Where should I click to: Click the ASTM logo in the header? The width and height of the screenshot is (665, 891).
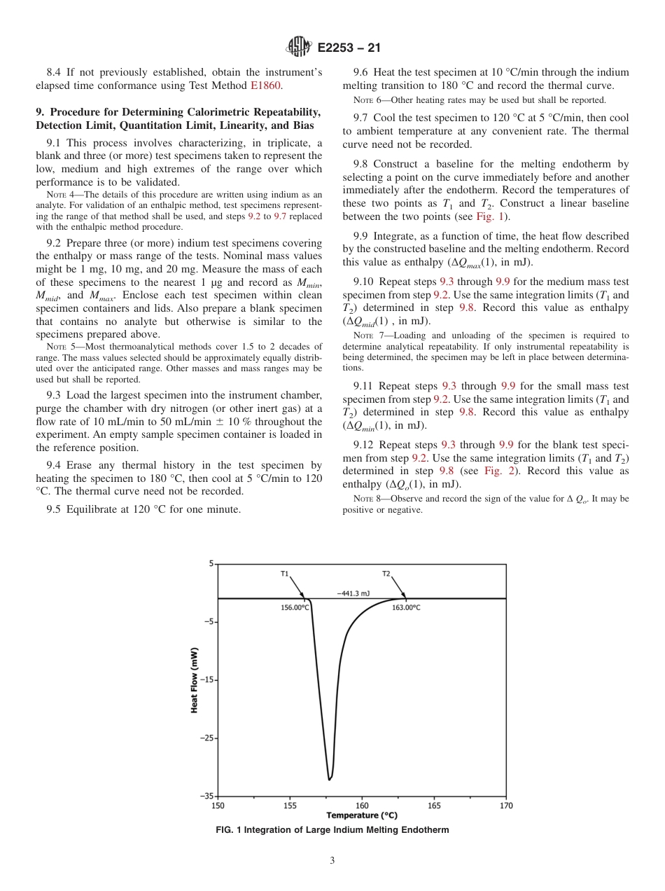tap(299, 48)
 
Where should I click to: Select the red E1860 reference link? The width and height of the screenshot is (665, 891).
tap(267, 85)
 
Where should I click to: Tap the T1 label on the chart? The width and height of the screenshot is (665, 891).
tap(285, 574)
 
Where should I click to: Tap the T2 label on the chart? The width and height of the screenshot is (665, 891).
tap(386, 574)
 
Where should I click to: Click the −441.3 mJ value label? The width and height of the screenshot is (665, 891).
tap(353, 593)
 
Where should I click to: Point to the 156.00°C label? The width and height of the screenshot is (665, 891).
tap(295, 607)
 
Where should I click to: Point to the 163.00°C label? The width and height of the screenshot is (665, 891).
tap(406, 607)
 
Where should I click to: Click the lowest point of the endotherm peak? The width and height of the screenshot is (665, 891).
tap(329, 779)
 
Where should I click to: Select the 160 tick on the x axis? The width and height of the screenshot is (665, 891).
tap(362, 806)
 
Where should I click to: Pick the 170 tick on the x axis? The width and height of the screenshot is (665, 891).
tap(506, 806)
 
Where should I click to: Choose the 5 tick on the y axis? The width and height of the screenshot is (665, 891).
tap(211, 564)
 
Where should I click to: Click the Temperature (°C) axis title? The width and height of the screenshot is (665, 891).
tap(361, 815)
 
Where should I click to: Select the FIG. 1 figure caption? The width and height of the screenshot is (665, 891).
tap(332, 830)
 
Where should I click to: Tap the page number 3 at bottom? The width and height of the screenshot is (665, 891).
tap(332, 861)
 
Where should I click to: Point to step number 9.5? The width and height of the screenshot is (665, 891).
tap(55, 509)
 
